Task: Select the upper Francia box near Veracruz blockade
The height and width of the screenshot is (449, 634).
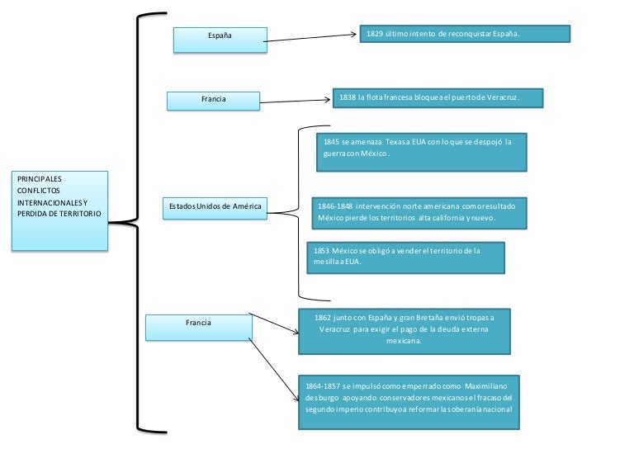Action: [213, 100]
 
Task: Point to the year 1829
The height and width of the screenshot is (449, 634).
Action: [374, 34]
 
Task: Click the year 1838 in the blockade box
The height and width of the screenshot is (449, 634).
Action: [347, 98]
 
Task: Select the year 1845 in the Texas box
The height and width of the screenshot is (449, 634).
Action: [332, 142]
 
